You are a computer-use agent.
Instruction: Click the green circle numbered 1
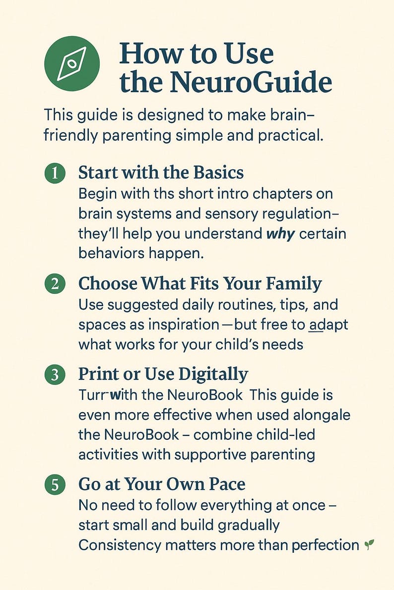[55, 173]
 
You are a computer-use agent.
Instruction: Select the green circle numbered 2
[55, 284]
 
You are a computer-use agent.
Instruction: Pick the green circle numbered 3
[55, 375]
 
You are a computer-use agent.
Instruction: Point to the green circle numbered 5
[55, 484]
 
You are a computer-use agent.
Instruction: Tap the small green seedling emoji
[369, 545]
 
